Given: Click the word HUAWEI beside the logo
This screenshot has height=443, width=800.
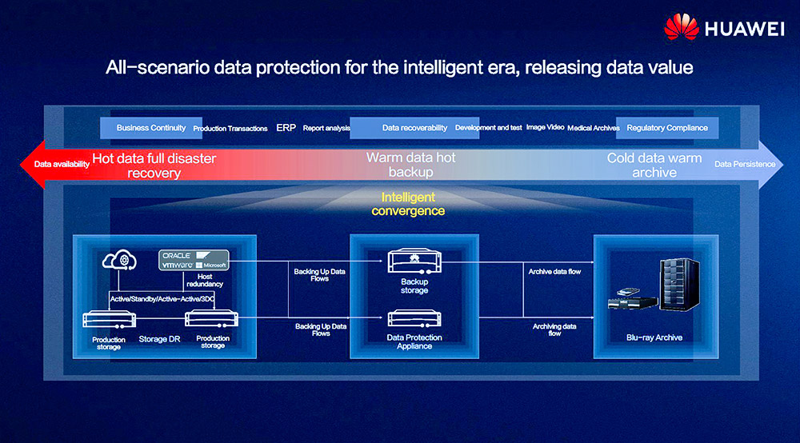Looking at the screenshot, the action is pos(744,29).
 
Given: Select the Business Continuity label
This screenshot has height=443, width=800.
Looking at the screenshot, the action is pos(151,128).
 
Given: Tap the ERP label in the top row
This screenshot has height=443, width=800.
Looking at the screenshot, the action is pos(286,128).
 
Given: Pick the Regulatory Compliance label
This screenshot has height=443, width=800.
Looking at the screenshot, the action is pos(667,128).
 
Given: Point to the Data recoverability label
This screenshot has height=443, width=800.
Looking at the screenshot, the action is pos(414,128).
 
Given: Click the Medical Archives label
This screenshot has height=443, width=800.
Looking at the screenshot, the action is pos(594,128).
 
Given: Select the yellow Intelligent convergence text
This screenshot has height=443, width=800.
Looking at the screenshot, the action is pos(408,204).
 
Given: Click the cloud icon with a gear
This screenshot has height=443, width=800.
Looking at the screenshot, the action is pos(119,260).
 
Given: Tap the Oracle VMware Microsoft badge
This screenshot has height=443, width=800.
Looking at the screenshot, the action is pos(194,260).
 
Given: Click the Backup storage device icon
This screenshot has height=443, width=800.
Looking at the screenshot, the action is pos(414,261).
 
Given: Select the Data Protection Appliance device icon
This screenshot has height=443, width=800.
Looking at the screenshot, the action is pos(414,318).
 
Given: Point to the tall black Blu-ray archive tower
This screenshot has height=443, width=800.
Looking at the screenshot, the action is pos(679,285).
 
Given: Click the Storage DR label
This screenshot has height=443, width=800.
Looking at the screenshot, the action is pos(159,339).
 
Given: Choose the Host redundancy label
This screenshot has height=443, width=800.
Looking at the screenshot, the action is pos(205,281).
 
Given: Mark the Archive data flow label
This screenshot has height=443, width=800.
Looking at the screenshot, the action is pos(554,272).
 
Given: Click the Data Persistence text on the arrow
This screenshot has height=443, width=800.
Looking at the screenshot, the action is pos(745,164).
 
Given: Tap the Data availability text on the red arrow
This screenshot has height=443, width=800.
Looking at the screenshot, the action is pos(62,164).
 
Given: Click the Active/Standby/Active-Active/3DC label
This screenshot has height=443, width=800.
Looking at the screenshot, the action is pos(162,299).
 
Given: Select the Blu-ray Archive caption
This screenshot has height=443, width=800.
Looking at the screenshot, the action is pos(654,337).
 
